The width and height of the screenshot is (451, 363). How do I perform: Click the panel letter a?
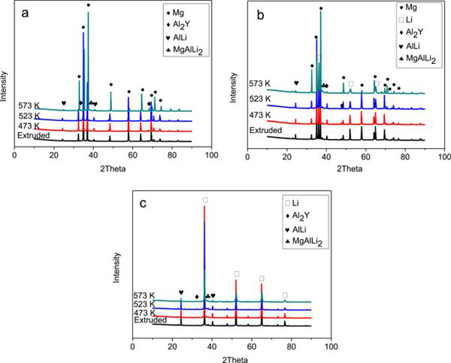point(26,14)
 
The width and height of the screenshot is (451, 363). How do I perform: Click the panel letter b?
point(253,13)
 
